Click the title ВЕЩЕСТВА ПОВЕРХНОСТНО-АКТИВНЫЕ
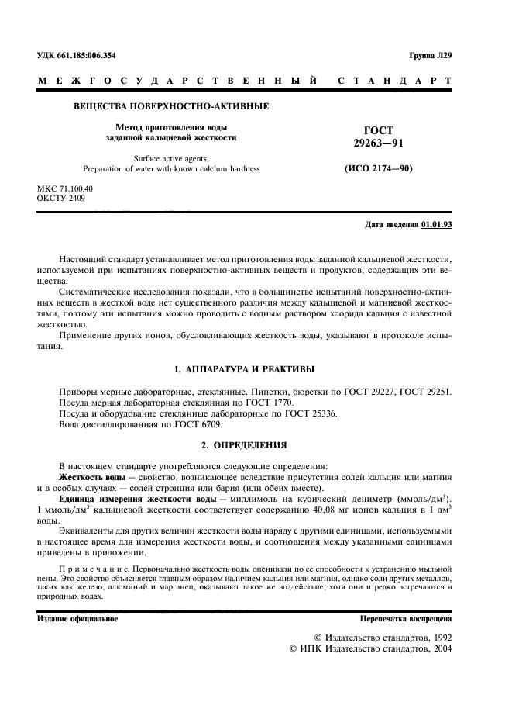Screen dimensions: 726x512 171,105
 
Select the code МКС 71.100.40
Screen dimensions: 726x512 65,188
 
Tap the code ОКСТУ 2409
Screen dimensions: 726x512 61,198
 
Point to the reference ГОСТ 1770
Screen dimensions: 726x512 273,403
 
